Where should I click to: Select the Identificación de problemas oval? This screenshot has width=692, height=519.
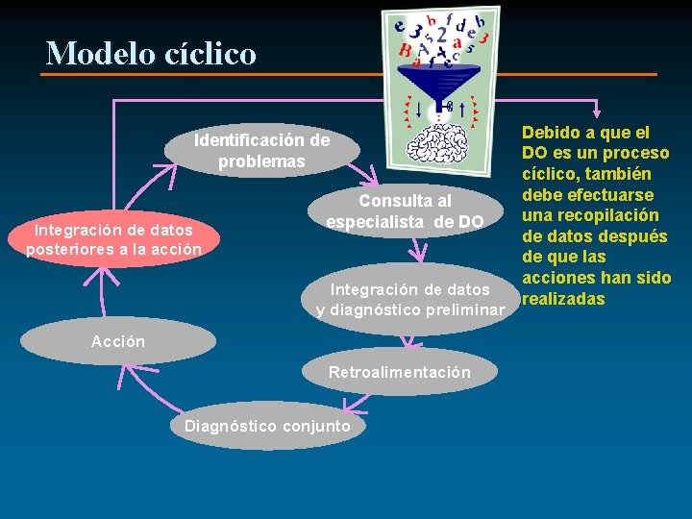coord(261,151)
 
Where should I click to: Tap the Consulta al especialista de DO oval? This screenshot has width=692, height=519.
coord(405,211)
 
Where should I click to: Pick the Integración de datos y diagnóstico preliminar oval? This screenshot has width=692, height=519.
coord(410,299)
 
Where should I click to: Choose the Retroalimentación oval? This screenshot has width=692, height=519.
coord(399,372)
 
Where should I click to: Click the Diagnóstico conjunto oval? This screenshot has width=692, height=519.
coord(267,425)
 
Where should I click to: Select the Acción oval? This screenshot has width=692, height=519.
coord(117,341)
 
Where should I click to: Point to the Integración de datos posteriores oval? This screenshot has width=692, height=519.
coord(113,239)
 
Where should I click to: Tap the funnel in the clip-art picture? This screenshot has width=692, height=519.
coord(437,78)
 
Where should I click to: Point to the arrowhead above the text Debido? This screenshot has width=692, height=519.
coord(597,111)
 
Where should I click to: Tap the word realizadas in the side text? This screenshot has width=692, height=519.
coord(563,299)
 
